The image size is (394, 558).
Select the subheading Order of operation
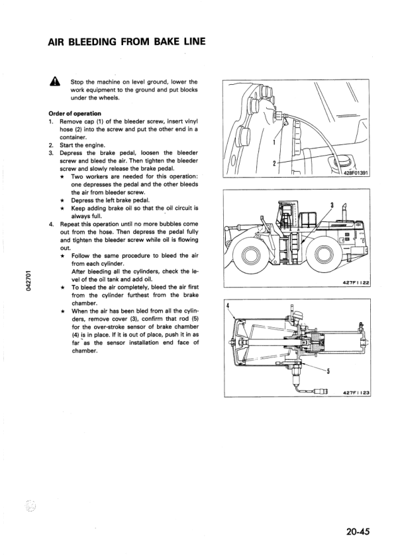tap(75, 113)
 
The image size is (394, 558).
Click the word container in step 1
tap(75, 137)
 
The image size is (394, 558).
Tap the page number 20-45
tap(356, 530)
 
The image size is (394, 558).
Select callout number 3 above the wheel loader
tap(331, 203)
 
